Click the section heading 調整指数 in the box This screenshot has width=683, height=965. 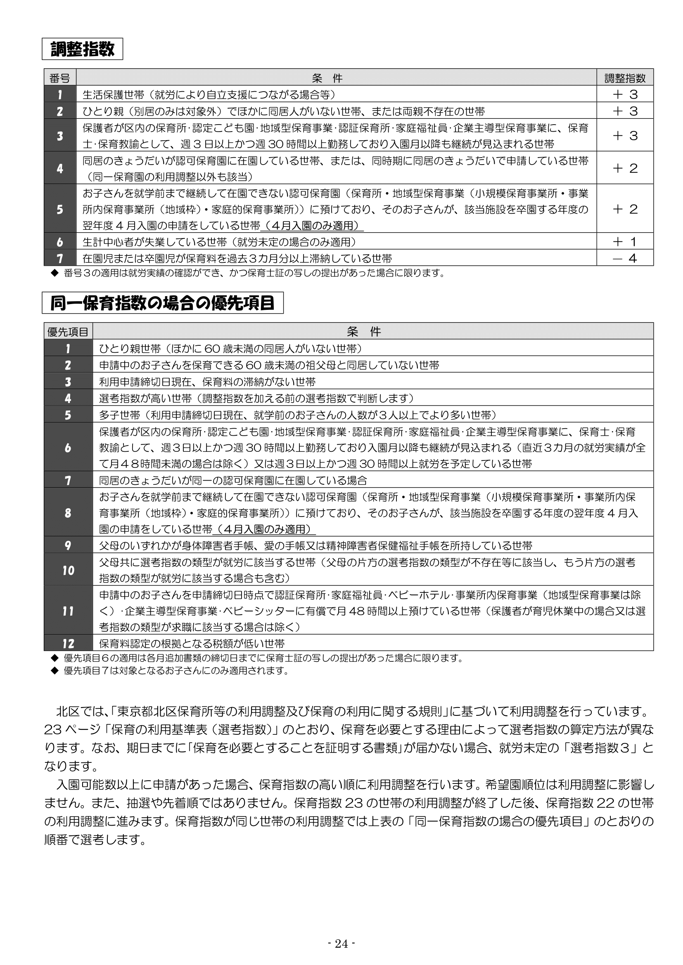tap(83, 49)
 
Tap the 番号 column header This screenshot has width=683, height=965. tap(60, 78)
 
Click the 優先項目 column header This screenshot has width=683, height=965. tap(68, 332)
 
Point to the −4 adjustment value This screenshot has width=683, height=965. tap(625, 258)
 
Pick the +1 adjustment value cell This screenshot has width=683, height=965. tap(625, 242)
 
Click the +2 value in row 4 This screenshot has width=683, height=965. tap(625, 168)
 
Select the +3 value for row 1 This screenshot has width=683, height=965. tap(625, 94)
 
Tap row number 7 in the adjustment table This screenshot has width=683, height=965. tap(60, 258)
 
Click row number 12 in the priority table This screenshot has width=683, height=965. tap(68, 644)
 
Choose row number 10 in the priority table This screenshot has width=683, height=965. tap(68, 570)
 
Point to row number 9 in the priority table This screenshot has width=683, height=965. tap(68, 545)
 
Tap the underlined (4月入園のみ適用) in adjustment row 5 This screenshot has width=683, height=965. tap(312, 226)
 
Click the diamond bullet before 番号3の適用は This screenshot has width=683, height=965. tap(54, 273)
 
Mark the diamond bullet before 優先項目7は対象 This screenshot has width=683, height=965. tap(54, 670)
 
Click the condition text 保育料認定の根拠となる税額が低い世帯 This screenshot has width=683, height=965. tap(192, 644)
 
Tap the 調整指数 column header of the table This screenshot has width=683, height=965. tap(625, 78)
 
